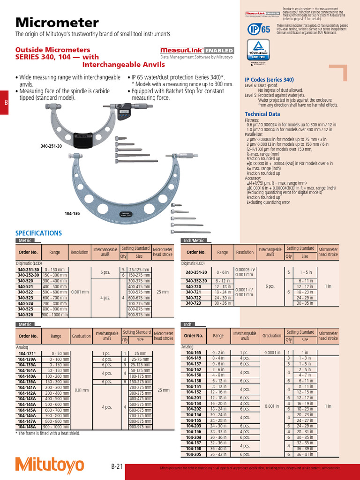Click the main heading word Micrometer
(57, 22)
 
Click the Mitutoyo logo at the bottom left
(50, 464)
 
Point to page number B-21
(117, 466)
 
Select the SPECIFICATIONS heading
(38, 233)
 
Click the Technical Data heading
(262, 114)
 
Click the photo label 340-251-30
(51, 146)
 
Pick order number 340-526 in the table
(25, 315)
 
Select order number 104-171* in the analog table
(25, 353)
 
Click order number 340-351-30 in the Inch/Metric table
(196, 272)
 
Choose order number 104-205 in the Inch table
(193, 454)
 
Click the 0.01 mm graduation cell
(82, 390)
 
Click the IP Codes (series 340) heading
(269, 80)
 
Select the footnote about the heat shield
(48, 433)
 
